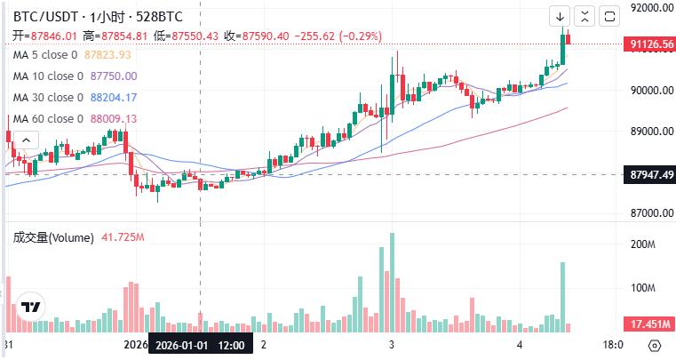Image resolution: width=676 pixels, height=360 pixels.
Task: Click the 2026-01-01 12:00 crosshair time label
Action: pos(201,344)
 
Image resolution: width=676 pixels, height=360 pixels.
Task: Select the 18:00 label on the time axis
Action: pos(613,344)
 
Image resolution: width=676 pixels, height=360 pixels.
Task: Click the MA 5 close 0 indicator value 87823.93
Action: pos(107,55)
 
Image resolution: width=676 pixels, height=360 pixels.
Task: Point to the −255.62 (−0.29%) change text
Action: pos(339,36)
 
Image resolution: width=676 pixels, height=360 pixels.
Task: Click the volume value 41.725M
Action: pos(123,237)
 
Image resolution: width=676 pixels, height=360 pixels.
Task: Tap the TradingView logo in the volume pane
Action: pos(32,307)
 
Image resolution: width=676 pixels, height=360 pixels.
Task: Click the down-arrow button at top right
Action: pos(561,16)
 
